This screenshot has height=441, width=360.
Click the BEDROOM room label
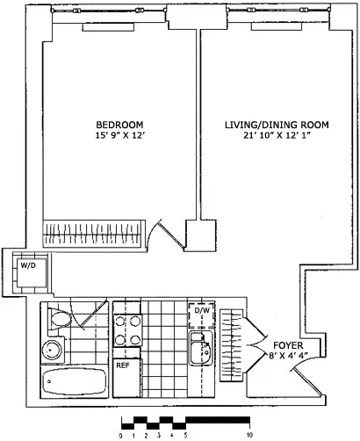pos(119,124)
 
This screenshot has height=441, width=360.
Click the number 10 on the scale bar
pos(251,434)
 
